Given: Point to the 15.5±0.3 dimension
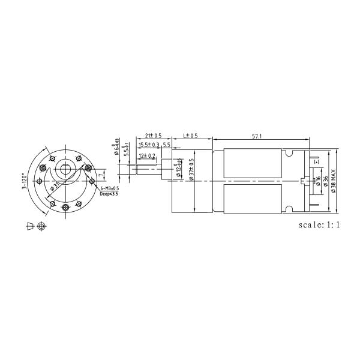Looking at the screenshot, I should tap(149, 145).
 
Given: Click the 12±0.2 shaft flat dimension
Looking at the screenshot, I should tap(147, 156).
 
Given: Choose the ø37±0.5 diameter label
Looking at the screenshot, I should tap(192, 170).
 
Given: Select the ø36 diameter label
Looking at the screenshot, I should tap(325, 182).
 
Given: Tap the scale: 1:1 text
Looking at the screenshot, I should tap(319, 226).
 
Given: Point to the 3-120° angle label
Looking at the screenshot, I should tap(25, 180).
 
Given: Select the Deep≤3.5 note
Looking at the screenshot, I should tap(109, 194).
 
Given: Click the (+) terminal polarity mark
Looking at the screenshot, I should tap(316, 162).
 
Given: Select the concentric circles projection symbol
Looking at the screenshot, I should tap(41, 226).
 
